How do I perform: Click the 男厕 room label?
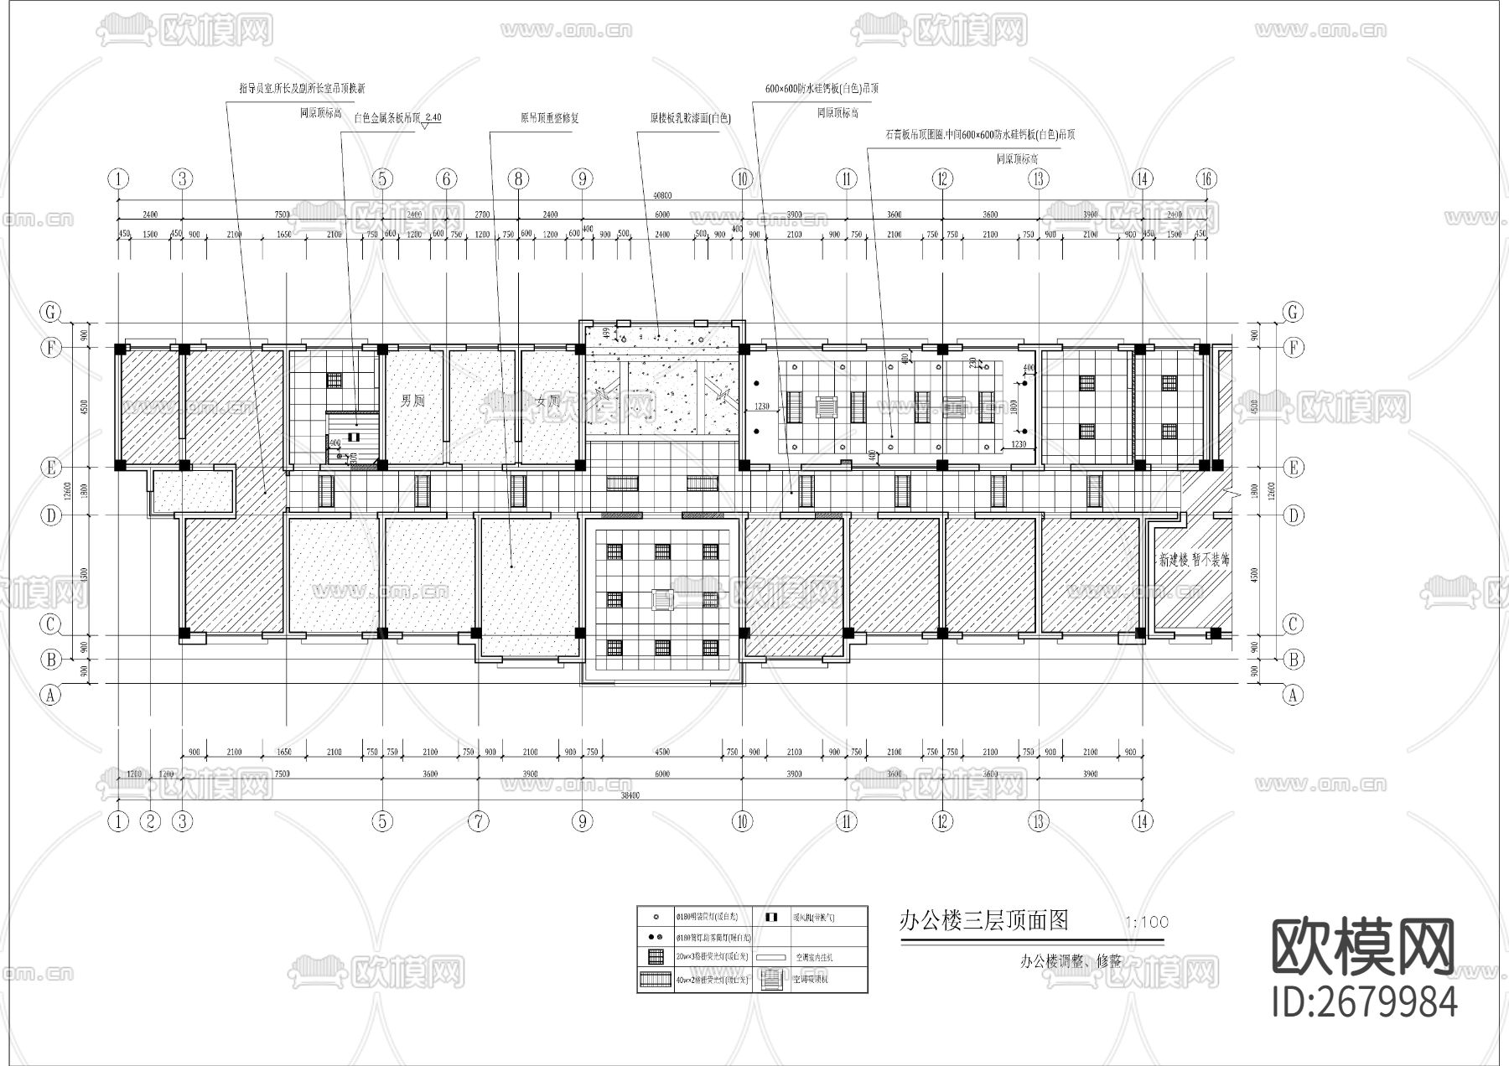[x=412, y=401]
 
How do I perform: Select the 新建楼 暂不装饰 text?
[x=1194, y=559]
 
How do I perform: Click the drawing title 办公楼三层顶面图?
[x=983, y=921]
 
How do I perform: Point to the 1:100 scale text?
[x=1146, y=923]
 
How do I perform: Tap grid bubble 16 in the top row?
[x=1206, y=179]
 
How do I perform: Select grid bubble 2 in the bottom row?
[x=151, y=821]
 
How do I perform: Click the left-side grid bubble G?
[x=52, y=312]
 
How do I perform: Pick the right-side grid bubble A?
[x=1293, y=695]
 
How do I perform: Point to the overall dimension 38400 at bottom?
[x=630, y=795]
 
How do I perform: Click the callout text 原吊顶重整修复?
[x=549, y=118]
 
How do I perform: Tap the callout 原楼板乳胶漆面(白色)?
[x=690, y=118]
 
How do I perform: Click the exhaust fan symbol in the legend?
[x=771, y=917]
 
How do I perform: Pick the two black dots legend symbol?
[x=656, y=937]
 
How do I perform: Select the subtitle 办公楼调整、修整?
[x=1071, y=962]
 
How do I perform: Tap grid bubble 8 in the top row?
[x=518, y=179]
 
